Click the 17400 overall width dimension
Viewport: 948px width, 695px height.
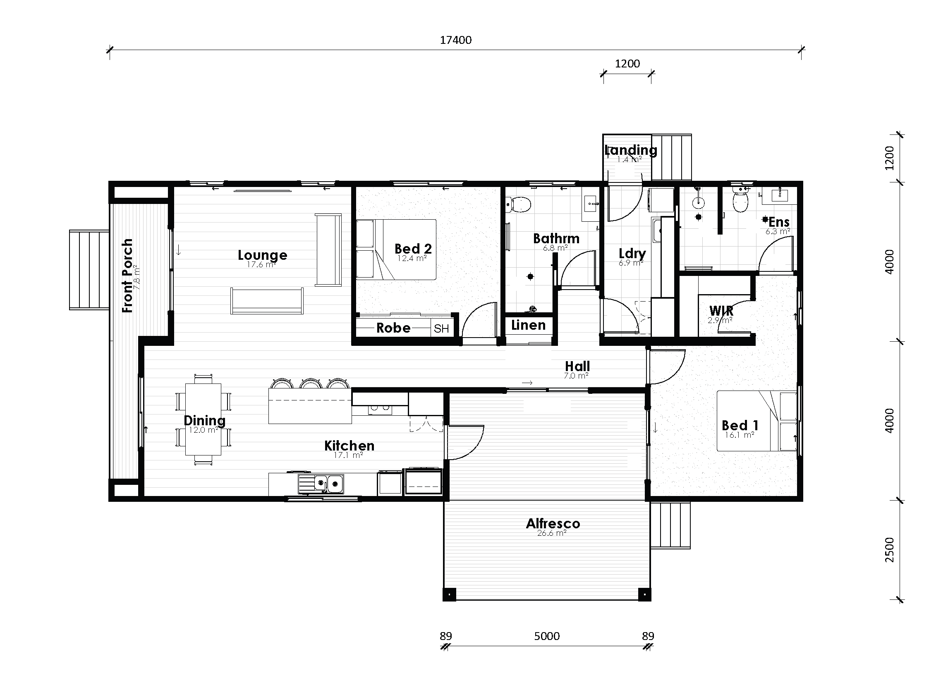click(455, 41)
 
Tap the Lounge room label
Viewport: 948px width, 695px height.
click(262, 255)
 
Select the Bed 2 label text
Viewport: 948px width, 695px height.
click(413, 249)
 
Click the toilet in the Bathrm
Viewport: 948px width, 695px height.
click(520, 205)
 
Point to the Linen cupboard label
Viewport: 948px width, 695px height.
click(528, 325)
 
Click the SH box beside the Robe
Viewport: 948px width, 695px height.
click(441, 328)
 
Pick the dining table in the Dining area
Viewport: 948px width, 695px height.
click(203, 419)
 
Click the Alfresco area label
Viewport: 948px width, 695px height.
click(553, 523)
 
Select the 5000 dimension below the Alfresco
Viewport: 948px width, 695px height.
click(546, 636)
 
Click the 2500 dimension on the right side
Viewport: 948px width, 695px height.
click(889, 549)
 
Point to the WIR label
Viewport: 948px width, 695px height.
click(721, 311)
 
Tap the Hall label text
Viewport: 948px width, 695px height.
click(577, 366)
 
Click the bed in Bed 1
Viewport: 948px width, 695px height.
click(756, 421)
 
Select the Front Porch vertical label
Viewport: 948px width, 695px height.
click(127, 276)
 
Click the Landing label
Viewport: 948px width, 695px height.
click(630, 150)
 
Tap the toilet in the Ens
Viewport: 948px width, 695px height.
click(740, 202)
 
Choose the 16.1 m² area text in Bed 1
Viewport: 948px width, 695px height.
click(739, 435)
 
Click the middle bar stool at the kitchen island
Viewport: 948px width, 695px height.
click(311, 383)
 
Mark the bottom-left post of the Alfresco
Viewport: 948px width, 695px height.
click(449, 594)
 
